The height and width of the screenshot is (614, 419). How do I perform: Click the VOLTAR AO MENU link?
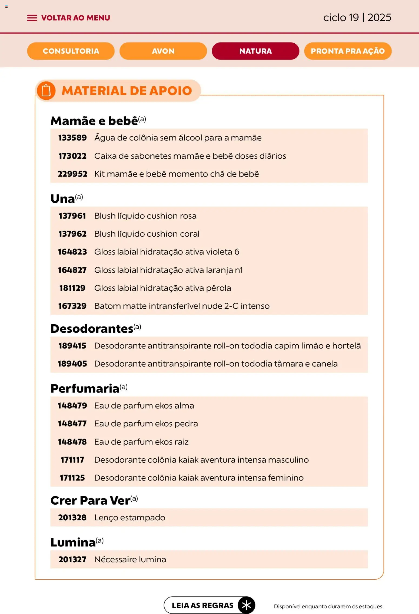(75, 18)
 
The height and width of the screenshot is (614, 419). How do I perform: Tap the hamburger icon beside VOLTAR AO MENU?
(32, 18)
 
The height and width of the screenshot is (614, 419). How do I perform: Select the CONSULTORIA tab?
(71, 51)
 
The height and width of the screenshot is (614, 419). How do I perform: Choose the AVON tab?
(163, 51)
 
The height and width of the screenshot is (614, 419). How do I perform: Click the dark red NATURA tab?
(255, 51)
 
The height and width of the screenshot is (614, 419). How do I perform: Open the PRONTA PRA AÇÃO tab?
(348, 51)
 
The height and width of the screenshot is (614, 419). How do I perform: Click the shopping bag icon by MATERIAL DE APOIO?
(46, 91)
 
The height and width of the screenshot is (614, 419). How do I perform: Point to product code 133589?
(72, 138)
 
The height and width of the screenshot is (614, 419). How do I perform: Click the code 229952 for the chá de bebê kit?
(72, 174)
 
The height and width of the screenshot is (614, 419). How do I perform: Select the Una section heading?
(63, 199)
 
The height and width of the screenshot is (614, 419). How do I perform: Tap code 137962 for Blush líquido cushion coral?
(72, 234)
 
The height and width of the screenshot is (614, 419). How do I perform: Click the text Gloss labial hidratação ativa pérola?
(162, 288)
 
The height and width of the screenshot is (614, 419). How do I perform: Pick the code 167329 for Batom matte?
(72, 306)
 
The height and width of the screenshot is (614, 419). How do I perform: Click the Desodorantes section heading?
(92, 329)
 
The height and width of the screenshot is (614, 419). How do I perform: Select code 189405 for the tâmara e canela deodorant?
(72, 364)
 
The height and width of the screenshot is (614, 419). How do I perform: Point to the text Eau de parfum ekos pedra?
(146, 424)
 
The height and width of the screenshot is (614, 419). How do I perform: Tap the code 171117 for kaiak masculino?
(72, 460)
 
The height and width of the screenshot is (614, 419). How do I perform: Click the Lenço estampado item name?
(129, 518)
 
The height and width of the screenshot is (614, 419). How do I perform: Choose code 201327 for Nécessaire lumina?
(72, 559)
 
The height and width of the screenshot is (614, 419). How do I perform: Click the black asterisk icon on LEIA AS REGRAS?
(246, 605)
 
